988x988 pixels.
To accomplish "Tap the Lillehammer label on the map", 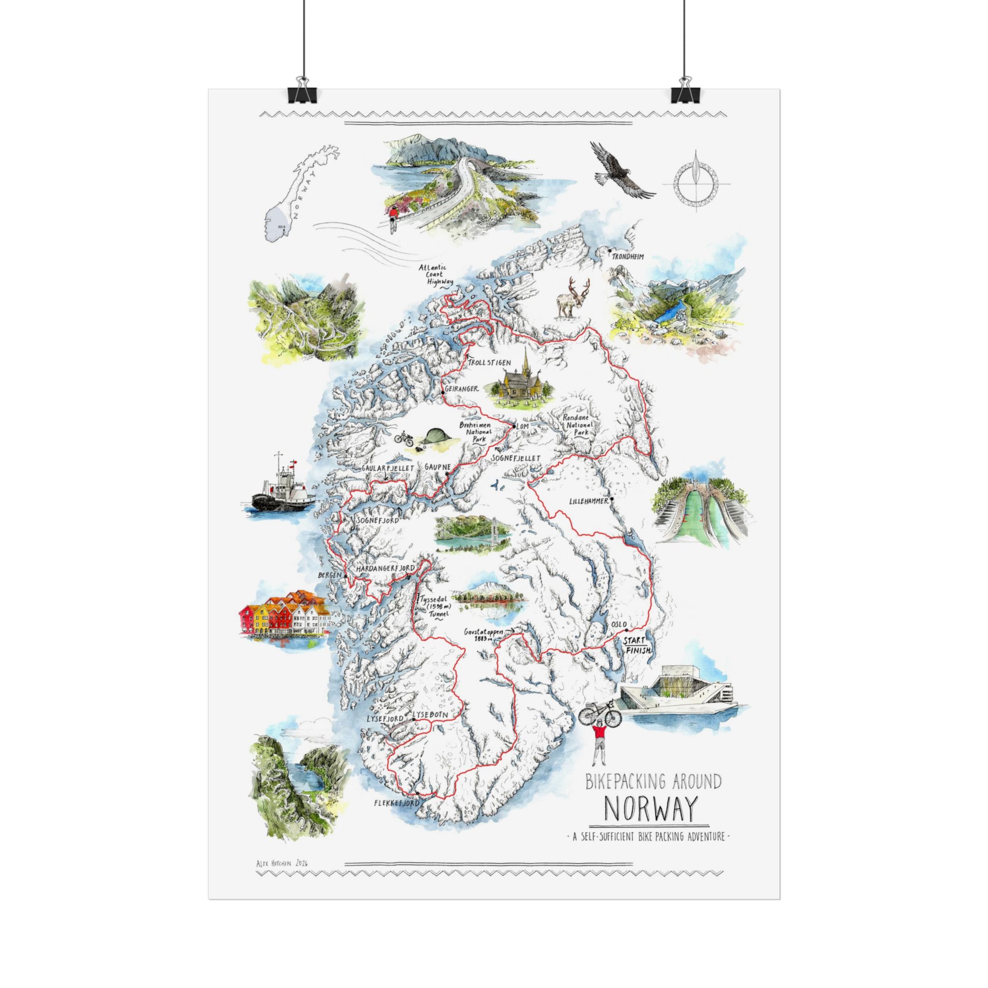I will coord(588,502).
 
